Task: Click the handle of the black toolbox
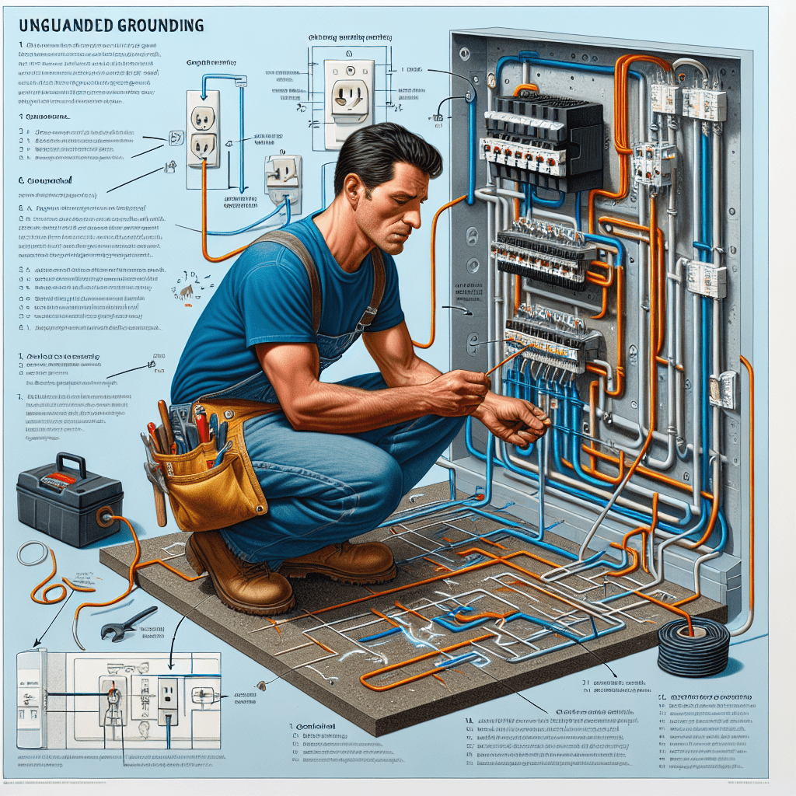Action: click(71, 464)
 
